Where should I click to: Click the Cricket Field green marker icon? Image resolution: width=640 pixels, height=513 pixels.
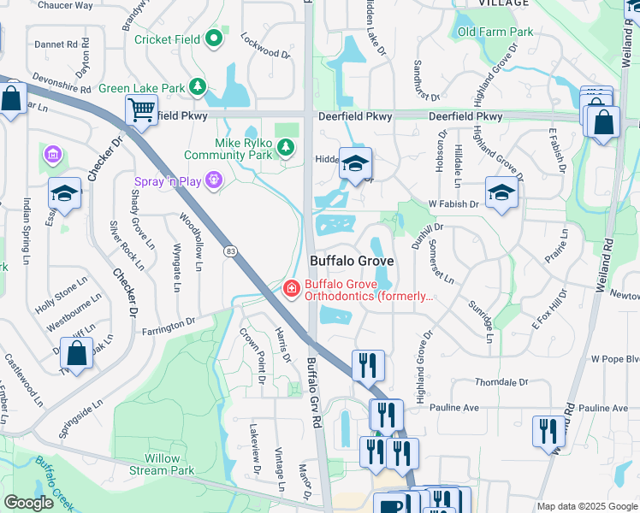[213, 38]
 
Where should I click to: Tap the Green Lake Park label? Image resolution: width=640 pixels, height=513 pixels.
[142, 88]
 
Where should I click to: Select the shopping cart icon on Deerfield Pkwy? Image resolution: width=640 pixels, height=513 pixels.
[141, 109]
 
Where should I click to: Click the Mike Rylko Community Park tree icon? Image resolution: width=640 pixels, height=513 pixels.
[285, 149]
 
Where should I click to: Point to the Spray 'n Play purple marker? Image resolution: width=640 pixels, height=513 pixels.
[213, 181]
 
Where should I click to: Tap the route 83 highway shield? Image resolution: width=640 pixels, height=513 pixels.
[231, 250]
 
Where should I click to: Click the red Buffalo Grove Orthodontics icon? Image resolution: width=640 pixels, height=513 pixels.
[291, 289]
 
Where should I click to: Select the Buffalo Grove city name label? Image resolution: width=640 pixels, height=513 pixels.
[351, 261]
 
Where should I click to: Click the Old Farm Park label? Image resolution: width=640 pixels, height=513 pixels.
[495, 32]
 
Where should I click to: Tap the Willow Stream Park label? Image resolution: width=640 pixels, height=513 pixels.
[162, 464]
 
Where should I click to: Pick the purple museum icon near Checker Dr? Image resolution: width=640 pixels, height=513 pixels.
[52, 155]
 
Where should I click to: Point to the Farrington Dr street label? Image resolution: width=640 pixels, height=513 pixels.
[168, 326]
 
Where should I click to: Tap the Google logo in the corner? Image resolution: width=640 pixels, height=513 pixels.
[28, 503]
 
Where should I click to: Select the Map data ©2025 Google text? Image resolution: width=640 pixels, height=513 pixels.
[587, 506]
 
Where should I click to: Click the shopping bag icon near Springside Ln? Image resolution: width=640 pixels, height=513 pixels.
[76, 355]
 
